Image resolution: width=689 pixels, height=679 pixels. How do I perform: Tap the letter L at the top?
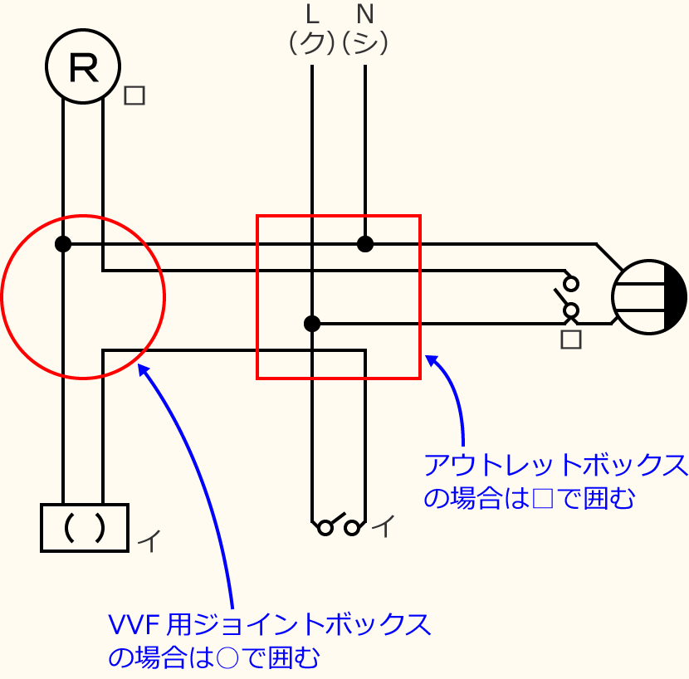click(x=312, y=14)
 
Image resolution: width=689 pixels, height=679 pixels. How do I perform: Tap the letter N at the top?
click(x=364, y=14)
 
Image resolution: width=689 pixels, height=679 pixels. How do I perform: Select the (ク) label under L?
click(x=311, y=42)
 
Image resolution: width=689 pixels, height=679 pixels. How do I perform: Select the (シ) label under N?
click(x=365, y=42)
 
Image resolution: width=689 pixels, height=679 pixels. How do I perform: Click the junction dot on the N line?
click(x=364, y=244)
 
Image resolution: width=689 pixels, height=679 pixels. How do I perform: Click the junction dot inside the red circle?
click(x=63, y=244)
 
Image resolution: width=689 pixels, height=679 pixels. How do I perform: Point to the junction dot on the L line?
click(x=312, y=324)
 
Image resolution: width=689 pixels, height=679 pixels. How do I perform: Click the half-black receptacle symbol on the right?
click(x=649, y=297)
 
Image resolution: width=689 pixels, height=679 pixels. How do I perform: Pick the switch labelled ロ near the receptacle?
click(x=569, y=296)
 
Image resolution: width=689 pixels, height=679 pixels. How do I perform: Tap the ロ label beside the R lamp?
click(x=134, y=95)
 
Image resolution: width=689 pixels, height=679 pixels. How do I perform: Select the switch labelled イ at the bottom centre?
click(x=340, y=526)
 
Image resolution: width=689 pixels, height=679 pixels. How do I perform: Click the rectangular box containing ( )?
click(x=85, y=527)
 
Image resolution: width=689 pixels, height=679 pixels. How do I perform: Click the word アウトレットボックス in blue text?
click(x=555, y=466)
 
